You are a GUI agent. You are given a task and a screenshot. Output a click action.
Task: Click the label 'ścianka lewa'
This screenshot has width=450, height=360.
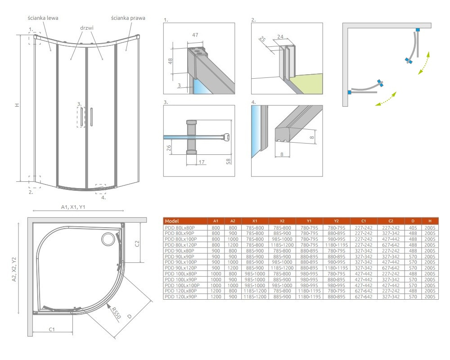pos(43,18)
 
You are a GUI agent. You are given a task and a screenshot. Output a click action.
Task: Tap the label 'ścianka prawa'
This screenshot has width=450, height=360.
pos(128,18)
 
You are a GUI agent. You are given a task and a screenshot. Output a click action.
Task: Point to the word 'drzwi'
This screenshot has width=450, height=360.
pos(87,28)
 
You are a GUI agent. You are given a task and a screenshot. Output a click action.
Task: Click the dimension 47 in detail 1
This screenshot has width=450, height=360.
pos(195,35)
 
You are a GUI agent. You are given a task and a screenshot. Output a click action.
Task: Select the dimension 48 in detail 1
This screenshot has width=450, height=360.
pos(170,61)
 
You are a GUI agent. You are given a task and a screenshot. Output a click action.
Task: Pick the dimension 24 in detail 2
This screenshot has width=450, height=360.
pos(280,37)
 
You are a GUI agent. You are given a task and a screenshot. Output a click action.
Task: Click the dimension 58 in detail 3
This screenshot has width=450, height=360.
pos(229,162)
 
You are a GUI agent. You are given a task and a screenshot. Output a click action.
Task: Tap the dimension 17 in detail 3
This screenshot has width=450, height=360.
pos(202,162)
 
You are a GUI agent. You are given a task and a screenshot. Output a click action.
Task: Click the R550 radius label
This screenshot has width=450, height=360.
pos(116,313)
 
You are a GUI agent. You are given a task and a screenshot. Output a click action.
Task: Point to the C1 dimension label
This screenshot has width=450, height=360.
pos(52,329)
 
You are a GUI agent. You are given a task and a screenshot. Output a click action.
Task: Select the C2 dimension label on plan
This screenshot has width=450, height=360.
pos(137,243)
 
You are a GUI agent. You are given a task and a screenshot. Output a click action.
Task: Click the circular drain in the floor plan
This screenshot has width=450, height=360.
pos(108,239)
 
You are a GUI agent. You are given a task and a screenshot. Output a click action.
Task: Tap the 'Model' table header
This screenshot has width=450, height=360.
pos(171,221)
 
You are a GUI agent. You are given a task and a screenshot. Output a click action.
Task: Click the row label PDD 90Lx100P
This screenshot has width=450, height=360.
pos(181,262)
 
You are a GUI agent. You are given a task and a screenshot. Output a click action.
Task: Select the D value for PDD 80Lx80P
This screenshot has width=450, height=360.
pos(413,228)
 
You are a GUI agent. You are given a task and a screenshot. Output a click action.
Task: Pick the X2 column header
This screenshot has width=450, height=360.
pos(282,221)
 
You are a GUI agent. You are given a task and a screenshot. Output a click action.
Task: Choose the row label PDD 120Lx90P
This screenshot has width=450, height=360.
pos(181,297)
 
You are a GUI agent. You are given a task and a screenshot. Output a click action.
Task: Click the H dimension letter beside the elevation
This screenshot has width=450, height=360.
pos(17,105)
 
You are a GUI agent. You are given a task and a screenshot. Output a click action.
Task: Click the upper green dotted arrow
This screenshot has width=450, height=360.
pos(424,63)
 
